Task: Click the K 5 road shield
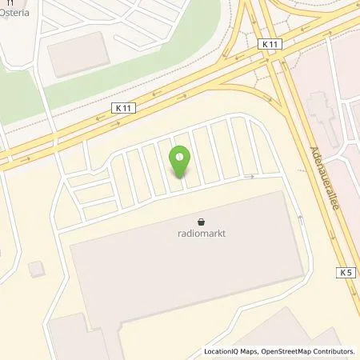coord(346,273)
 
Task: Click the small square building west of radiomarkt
coord(34,268)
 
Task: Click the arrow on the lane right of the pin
coord(250,176)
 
